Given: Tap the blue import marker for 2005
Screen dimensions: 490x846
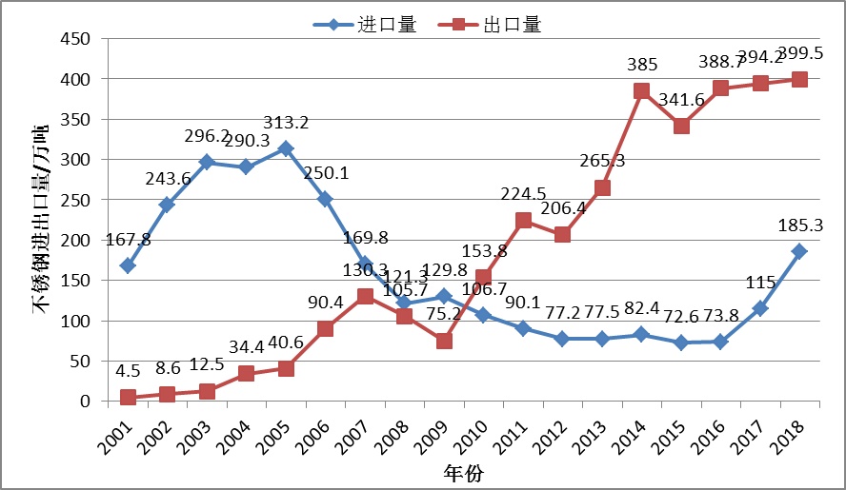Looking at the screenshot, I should coord(285,148).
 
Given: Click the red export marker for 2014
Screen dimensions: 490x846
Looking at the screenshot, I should coord(641,91).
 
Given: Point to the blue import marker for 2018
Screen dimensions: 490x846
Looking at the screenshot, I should coord(799,251).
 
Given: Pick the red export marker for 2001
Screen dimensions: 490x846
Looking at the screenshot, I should coord(128,397).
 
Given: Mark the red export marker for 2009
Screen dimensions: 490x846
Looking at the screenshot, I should coord(444,340).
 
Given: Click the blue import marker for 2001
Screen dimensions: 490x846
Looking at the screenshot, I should coord(128,265).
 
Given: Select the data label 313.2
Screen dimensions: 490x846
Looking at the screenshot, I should coord(286,124).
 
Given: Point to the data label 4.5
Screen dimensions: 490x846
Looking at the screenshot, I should coord(127,369).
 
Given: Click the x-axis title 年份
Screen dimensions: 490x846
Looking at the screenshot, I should coord(465,473).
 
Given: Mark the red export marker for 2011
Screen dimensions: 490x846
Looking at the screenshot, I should coord(523,220).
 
